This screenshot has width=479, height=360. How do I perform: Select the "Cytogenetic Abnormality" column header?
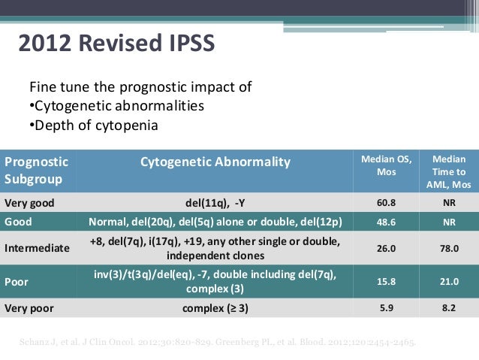coord(215,162)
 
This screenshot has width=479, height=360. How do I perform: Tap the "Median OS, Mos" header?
coord(380,165)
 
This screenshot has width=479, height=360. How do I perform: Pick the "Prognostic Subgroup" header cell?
coord(37,171)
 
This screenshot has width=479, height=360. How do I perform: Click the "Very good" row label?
coord(30,202)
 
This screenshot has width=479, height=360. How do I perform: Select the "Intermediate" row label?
coord(38,248)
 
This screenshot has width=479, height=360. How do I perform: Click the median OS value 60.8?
coord(380,203)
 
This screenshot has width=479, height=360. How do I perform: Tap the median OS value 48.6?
coord(380,223)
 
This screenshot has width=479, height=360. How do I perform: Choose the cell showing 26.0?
coord(380,248)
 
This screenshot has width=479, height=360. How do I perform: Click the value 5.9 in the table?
coord(380,307)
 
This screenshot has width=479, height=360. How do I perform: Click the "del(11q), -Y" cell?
coord(215,203)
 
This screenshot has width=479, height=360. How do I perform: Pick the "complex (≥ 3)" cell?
coord(215,307)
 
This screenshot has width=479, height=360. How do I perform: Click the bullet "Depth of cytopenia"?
coord(94,126)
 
